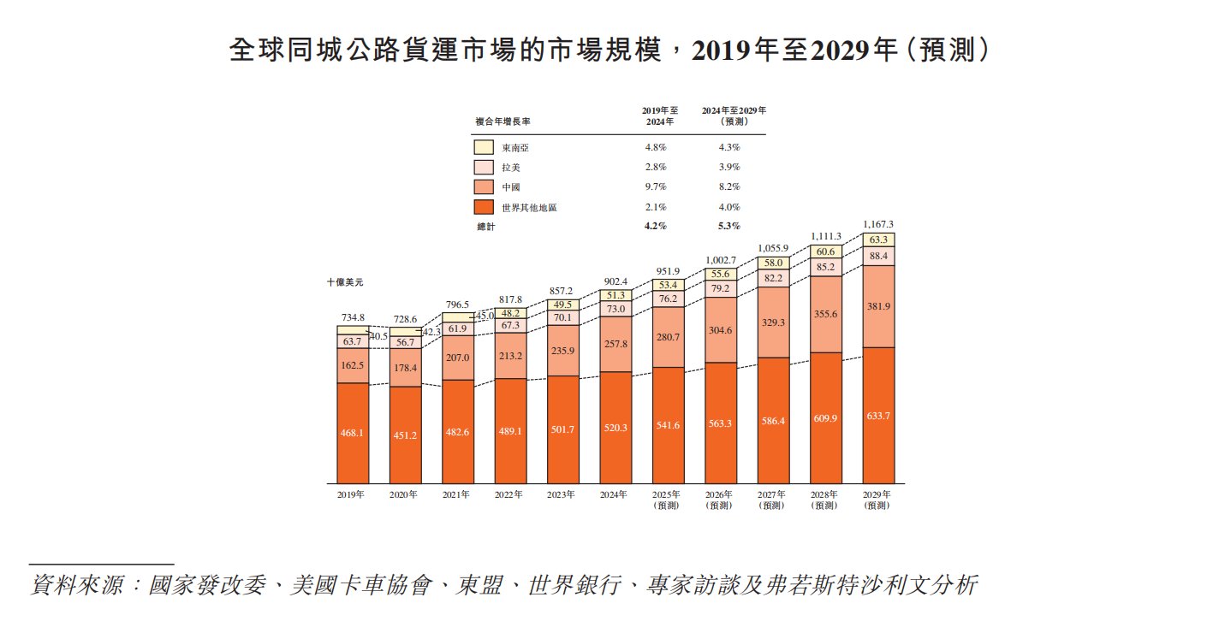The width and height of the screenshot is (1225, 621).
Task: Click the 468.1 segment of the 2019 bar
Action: click(x=352, y=433)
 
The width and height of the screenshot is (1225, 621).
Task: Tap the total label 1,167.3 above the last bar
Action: click(x=878, y=224)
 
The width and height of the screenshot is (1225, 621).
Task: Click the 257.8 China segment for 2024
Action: click(x=615, y=344)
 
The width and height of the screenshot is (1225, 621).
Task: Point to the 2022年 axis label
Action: click(x=509, y=494)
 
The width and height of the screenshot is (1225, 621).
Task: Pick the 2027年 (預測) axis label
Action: click(x=772, y=500)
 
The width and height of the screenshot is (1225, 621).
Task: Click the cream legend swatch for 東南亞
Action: click(x=484, y=147)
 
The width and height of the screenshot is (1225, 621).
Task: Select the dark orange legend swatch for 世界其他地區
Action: click(x=484, y=207)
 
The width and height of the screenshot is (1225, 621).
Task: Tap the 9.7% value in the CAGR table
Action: click(x=655, y=186)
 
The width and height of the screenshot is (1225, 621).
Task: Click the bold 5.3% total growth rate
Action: click(x=729, y=227)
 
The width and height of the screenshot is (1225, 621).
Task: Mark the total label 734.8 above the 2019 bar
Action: click(x=352, y=316)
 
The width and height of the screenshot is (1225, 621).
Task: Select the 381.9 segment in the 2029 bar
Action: click(x=878, y=306)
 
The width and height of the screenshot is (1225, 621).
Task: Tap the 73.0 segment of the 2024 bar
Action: click(x=615, y=309)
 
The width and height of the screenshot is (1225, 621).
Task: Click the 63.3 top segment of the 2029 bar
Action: click(x=878, y=240)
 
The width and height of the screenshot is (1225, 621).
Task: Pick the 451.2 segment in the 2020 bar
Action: click(x=404, y=435)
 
